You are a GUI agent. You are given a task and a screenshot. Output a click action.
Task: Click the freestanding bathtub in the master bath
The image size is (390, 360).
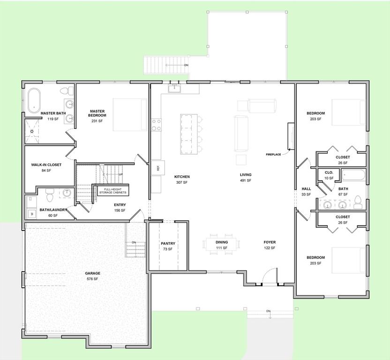[x=34, y=100]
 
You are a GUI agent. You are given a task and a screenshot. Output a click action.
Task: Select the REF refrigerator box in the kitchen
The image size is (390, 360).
[x=158, y=167]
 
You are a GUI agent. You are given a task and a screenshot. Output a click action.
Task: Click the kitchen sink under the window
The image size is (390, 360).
[x=175, y=88]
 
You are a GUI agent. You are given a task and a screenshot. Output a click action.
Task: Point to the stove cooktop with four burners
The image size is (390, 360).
[x=156, y=125]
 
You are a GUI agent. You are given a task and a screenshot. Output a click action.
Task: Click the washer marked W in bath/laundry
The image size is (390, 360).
[x=32, y=214]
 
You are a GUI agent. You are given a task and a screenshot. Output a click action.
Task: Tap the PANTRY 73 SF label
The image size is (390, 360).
[x=168, y=246]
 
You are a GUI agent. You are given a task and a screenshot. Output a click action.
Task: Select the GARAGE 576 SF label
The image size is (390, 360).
[x=92, y=276]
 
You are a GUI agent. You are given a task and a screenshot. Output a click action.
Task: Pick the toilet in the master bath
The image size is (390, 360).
[x=70, y=90]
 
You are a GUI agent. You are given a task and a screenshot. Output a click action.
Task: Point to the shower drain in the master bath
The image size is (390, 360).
[x=32, y=132]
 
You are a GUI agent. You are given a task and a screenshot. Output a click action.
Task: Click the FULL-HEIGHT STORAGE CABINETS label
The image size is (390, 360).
[x=112, y=190]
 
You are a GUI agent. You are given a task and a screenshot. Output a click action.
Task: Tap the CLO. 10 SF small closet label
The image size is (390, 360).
[x=329, y=175]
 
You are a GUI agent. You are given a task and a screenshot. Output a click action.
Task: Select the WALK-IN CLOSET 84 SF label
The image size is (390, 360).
[x=46, y=167]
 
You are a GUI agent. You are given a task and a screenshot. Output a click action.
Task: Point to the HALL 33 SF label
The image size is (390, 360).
[x=306, y=191]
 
